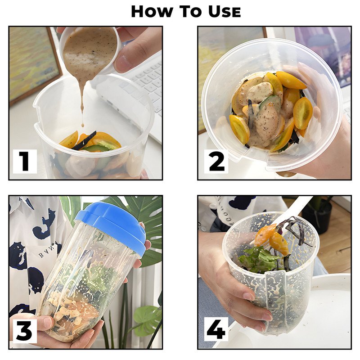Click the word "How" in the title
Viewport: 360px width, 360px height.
click(x=152, y=12)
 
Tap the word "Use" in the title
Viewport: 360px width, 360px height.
click(x=224, y=12)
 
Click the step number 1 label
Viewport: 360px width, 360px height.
click(x=25, y=161)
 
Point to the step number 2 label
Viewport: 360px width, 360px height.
click(x=216, y=161)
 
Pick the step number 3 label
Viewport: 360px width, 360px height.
click(x=25, y=331)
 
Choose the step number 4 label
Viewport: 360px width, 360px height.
click(x=216, y=329)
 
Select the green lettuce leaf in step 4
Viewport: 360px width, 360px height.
click(x=260, y=260)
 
